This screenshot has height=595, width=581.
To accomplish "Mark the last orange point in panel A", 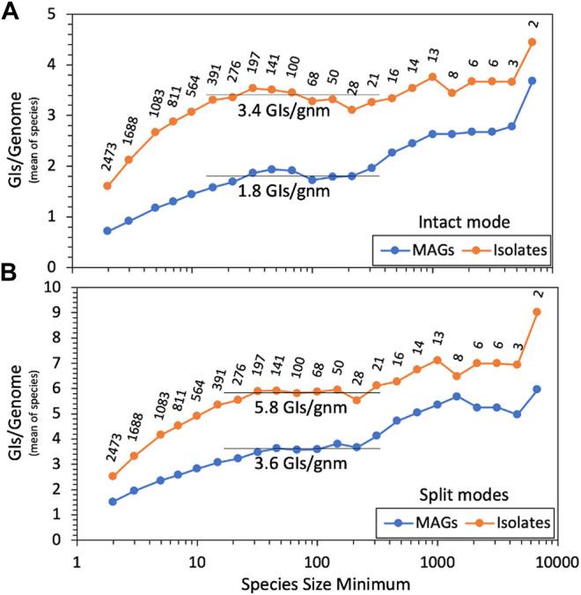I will coord(557,42).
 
